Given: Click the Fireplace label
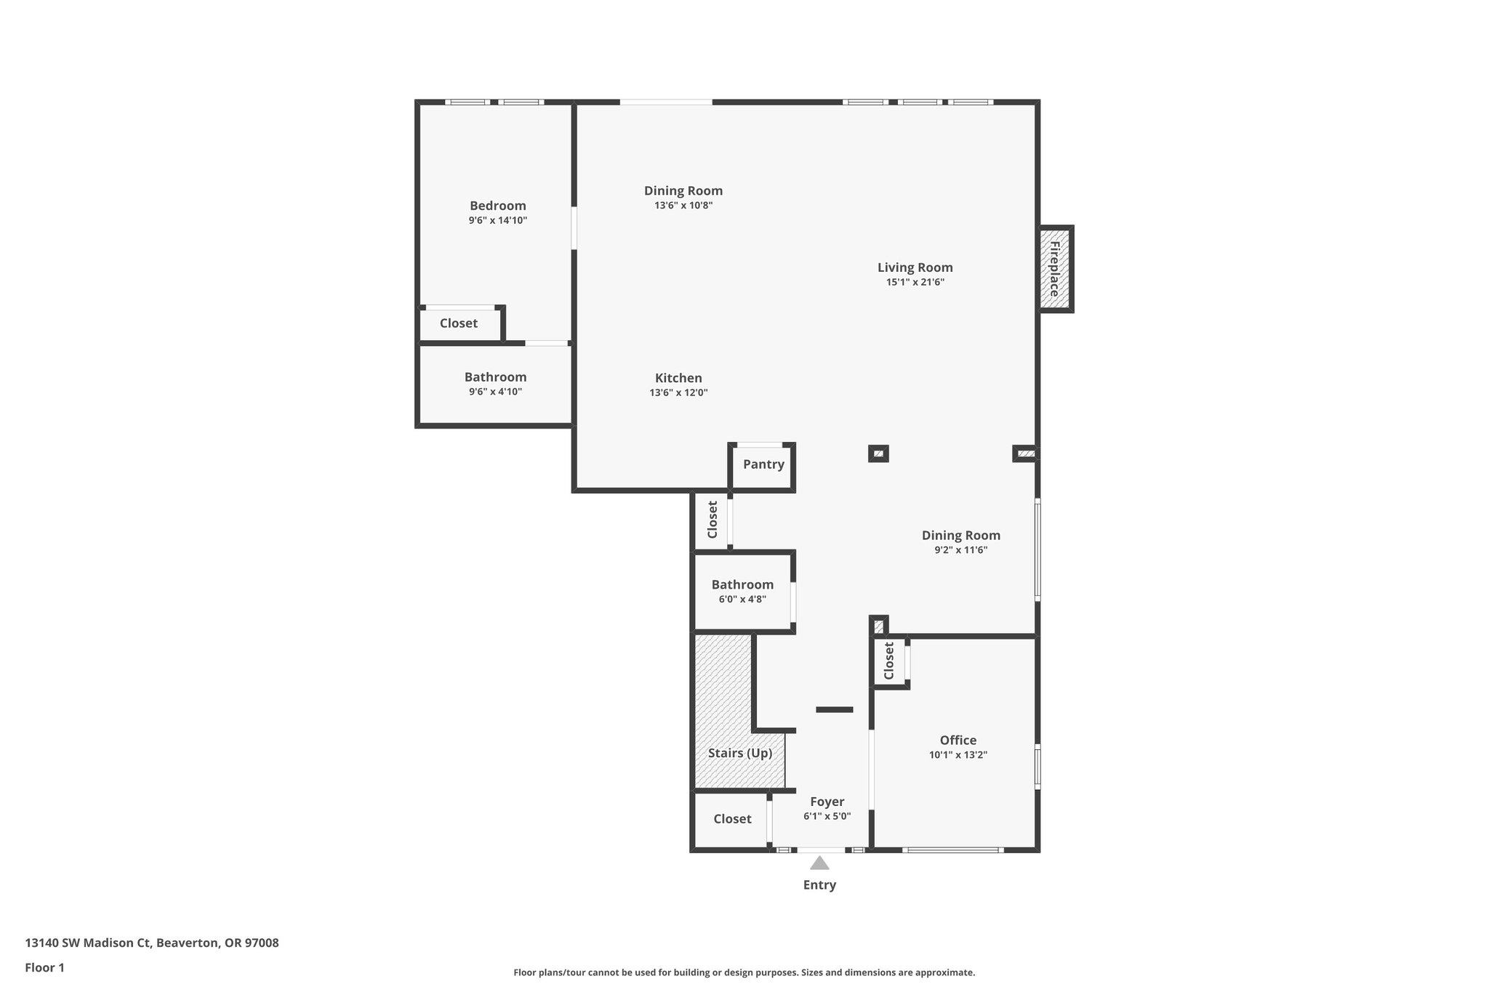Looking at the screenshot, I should click(1054, 269).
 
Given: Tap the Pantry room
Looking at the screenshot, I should click(763, 464).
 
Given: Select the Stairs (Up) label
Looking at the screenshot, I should click(739, 753).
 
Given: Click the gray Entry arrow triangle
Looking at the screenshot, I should click(819, 863).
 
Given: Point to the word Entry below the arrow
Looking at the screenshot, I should click(819, 885).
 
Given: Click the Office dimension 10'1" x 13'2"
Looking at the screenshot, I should click(958, 755).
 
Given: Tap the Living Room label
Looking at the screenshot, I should click(915, 267).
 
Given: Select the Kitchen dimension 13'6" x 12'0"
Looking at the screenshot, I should click(678, 393).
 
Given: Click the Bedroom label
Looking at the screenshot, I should click(497, 206).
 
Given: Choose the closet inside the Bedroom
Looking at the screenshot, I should click(459, 323).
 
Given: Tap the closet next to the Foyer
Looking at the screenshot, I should click(731, 819).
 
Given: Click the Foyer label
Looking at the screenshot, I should click(827, 802).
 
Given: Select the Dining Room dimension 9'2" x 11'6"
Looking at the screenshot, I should click(960, 550).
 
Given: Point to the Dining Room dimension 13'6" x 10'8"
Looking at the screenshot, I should click(683, 206).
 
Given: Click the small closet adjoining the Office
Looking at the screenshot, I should click(888, 661).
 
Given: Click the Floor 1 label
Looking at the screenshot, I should click(44, 968).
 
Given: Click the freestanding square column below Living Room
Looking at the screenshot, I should click(878, 454).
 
